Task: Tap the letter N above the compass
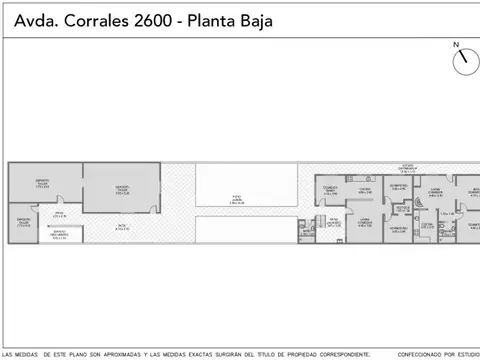[456, 45]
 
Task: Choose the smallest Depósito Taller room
[23, 223]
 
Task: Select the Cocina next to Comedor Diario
[365, 192]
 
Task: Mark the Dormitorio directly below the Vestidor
[399, 229]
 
